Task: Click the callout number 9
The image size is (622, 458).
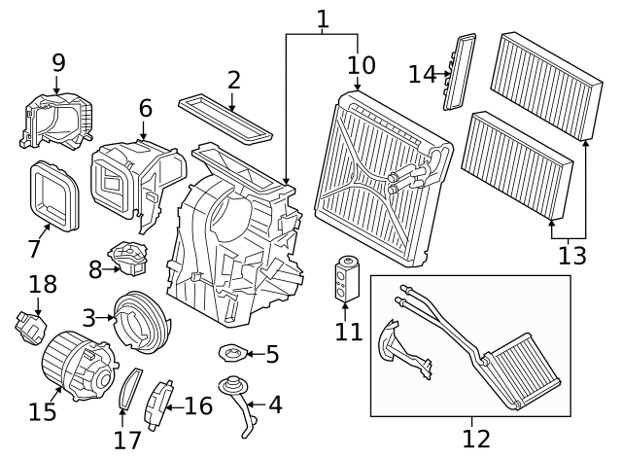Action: (58, 62)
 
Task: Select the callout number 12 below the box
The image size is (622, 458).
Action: (476, 438)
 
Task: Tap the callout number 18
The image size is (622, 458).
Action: (43, 285)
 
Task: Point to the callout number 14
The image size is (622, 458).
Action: (423, 74)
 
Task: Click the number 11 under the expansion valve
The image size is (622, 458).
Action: (348, 332)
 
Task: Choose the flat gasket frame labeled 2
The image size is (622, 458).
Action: (226, 116)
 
